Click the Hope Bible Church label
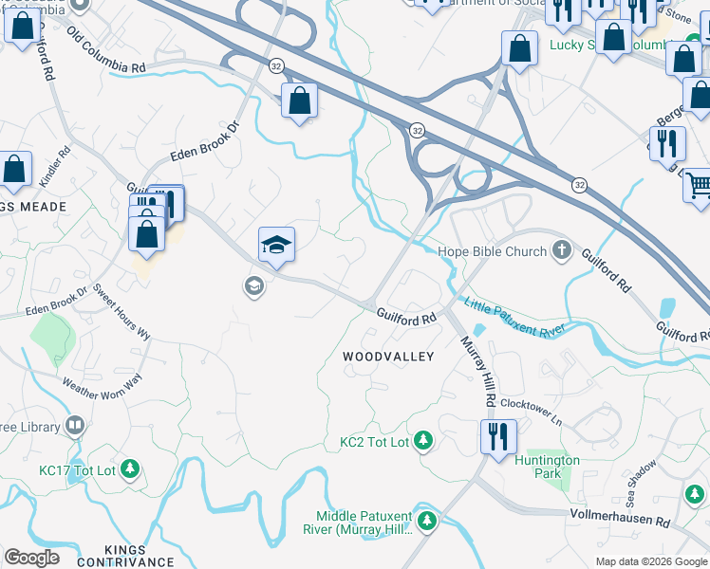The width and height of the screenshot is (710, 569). tap(492, 251)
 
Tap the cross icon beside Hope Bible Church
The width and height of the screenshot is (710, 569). tap(562, 251)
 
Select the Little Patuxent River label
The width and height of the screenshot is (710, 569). tap(514, 316)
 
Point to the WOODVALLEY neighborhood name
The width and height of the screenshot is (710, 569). tap(388, 357)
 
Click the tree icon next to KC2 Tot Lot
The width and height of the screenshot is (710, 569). tap(423, 441)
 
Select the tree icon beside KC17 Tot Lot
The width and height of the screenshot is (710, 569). tap(130, 468)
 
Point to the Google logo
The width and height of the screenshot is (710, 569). tap(31, 558)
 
